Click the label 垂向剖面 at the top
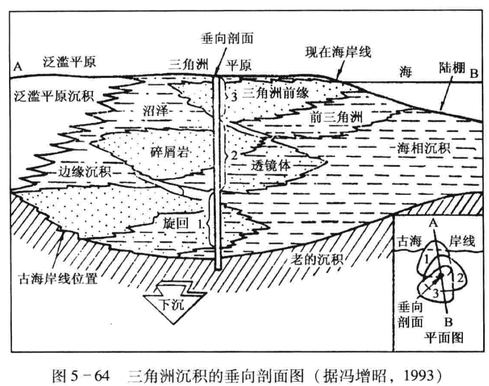227,38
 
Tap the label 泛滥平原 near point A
69,62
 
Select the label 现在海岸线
338,52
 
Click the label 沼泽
156,111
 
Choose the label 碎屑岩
170,151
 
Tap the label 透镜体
270,165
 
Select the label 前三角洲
337,117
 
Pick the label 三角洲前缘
276,93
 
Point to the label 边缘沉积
85,171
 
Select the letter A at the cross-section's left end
18,67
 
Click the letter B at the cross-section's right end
473,73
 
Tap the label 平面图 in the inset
443,337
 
